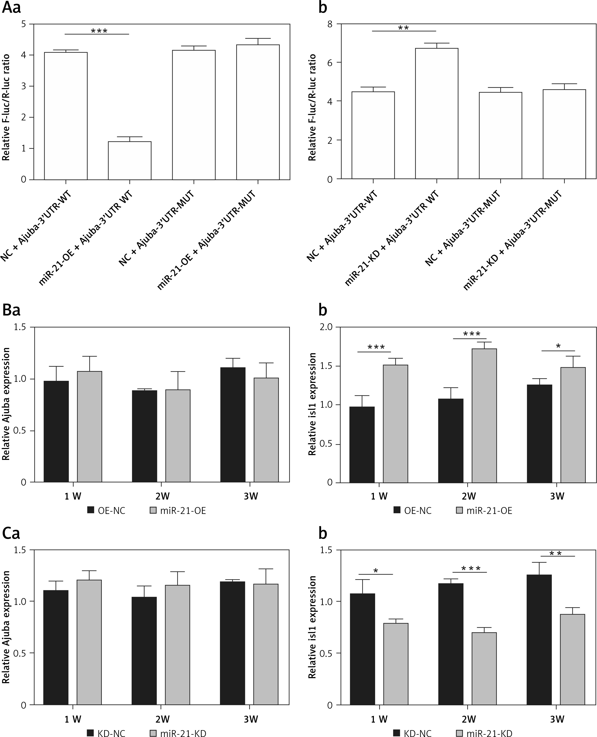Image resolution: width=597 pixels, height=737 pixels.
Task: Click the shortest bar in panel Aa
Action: pos(130,160)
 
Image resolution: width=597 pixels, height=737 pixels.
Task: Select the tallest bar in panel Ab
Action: pos(437,114)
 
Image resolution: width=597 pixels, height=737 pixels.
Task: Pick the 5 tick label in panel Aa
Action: pos(23,24)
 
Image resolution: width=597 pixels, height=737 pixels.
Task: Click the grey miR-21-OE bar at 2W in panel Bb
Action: pos(484,415)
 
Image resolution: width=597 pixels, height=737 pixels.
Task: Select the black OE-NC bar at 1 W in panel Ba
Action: pos(56,432)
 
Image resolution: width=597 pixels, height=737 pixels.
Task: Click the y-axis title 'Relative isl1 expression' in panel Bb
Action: pos(312,404)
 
